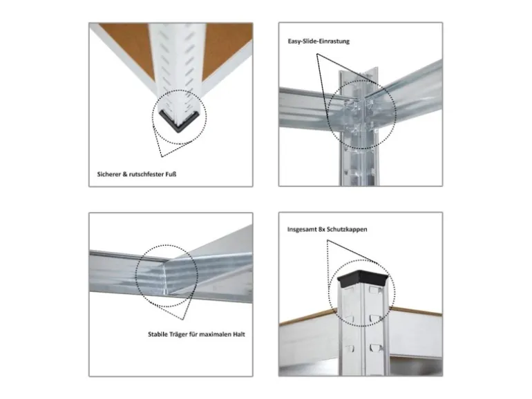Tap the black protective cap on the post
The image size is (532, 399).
click(x=363, y=278)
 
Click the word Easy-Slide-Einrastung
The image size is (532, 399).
click(x=319, y=41)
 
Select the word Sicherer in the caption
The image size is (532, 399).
click(x=109, y=174)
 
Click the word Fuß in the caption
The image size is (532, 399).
click(x=171, y=174)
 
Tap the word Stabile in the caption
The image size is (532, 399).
click(x=158, y=334)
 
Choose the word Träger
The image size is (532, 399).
click(x=179, y=335)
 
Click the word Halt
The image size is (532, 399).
click(x=239, y=334)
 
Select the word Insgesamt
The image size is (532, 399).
click(x=303, y=229)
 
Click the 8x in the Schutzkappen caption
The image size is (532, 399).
click(x=323, y=229)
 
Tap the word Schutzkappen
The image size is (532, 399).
click(x=348, y=229)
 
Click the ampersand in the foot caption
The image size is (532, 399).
click(x=125, y=174)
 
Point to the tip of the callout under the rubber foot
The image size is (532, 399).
click(x=162, y=157)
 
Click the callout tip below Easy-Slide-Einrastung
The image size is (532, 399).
click(x=317, y=54)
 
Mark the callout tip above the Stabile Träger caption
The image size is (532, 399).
click(x=183, y=320)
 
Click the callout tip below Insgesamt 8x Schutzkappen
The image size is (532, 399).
click(x=327, y=240)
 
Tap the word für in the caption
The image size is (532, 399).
click(x=193, y=334)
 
